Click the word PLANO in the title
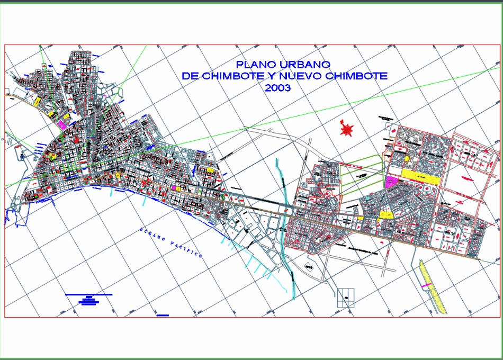tap(255, 64)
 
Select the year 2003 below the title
tap(278, 88)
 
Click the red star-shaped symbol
tap(347, 129)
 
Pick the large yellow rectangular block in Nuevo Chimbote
tap(420, 177)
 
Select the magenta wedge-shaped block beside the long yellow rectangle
tap(391, 182)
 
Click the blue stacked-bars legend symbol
tap(89, 299)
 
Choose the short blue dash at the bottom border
tap(163, 315)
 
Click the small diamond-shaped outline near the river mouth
tap(309, 267)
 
